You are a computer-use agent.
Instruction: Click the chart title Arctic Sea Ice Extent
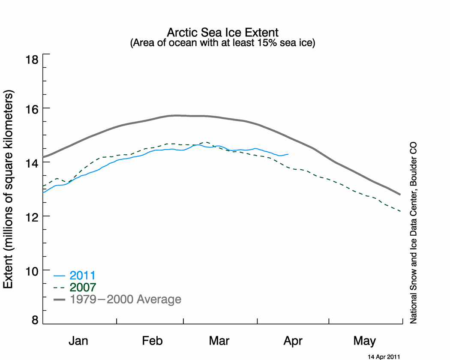pyautogui.click(x=223, y=33)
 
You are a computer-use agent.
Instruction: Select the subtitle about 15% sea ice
pyautogui.click(x=223, y=43)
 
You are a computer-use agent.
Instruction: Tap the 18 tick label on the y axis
pyautogui.click(x=32, y=60)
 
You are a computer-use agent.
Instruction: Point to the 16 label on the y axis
pyautogui.click(x=32, y=109)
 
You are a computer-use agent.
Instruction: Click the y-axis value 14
pyautogui.click(x=32, y=163)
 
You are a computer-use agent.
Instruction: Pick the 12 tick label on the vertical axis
pyautogui.click(x=32, y=217)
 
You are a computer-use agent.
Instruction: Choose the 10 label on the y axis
pyautogui.click(x=32, y=271)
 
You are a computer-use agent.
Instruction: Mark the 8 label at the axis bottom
pyautogui.click(x=35, y=320)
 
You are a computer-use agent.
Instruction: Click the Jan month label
pyautogui.click(x=78, y=341)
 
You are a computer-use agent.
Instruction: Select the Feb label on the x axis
pyautogui.click(x=153, y=341)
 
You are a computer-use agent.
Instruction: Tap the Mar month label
pyautogui.click(x=219, y=341)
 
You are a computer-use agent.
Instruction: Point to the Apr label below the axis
pyautogui.click(x=293, y=341)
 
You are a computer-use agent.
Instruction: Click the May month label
pyautogui.click(x=364, y=341)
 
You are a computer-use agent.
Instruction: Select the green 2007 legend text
pyautogui.click(x=83, y=288)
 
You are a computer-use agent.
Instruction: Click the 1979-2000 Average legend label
pyautogui.click(x=126, y=299)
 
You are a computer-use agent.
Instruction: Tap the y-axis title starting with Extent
pyautogui.click(x=8, y=189)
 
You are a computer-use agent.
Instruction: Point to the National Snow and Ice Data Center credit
pyautogui.click(x=413, y=233)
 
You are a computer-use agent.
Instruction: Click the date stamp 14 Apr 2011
pyautogui.click(x=384, y=357)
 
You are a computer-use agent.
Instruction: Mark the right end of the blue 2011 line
pyautogui.click(x=288, y=154)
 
